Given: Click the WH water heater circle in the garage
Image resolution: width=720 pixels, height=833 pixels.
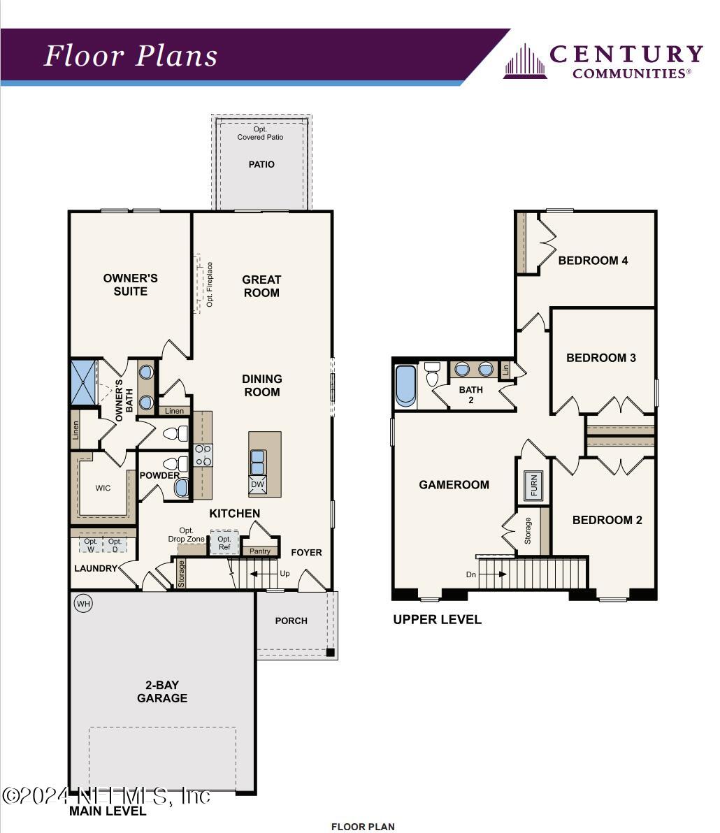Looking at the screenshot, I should (83, 603).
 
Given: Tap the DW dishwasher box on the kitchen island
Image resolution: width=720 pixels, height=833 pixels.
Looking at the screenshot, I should (257, 484).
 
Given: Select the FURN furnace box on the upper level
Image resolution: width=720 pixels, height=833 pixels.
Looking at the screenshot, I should (534, 485).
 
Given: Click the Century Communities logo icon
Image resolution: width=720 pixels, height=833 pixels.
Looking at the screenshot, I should (525, 61).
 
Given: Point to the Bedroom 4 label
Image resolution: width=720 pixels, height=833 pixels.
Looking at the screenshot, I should (593, 261).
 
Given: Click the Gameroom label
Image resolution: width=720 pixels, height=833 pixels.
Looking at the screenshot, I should (454, 484).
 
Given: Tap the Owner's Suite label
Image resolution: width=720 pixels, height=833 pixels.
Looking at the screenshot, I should (131, 284).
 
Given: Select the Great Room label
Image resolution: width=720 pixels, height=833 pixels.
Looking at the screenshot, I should (261, 286).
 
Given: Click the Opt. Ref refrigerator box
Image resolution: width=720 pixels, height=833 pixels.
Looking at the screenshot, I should (224, 543).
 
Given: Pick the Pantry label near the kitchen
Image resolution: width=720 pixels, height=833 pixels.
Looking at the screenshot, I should (260, 551).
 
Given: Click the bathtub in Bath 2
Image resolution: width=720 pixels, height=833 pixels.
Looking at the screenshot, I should (405, 385).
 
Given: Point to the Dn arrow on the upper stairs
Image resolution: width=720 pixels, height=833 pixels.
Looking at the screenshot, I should (492, 574).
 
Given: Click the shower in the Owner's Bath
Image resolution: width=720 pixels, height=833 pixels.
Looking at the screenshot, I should (82, 382).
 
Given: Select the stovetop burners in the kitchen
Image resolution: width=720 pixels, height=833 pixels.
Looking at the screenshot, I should (203, 455).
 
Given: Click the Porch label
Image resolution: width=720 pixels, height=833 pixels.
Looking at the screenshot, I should (291, 621).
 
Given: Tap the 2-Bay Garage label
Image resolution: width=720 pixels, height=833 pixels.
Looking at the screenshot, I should (162, 691).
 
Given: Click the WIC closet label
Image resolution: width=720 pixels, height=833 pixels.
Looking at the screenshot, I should (103, 488).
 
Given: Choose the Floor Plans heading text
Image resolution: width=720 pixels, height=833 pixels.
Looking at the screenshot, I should (131, 56).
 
